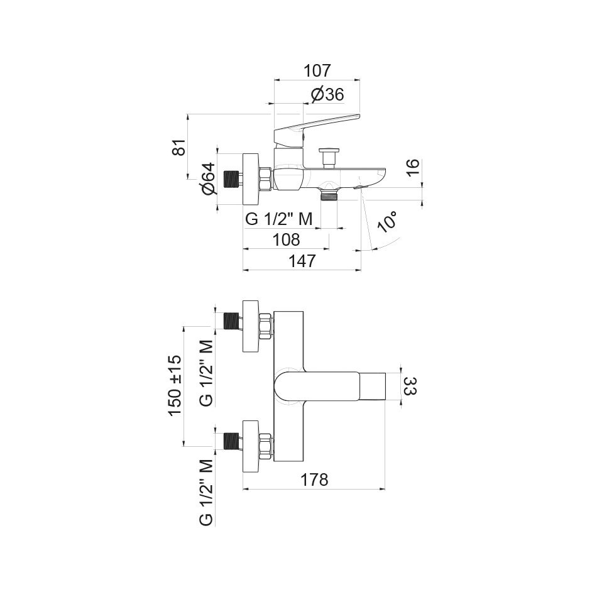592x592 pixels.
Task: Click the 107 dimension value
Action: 317,70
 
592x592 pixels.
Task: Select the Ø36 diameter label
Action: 327,95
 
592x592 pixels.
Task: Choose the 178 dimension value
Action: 314,480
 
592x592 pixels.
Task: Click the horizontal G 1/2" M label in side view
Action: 279,219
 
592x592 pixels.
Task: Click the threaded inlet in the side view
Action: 234,179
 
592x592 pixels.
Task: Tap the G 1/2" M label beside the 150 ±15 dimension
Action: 206,374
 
